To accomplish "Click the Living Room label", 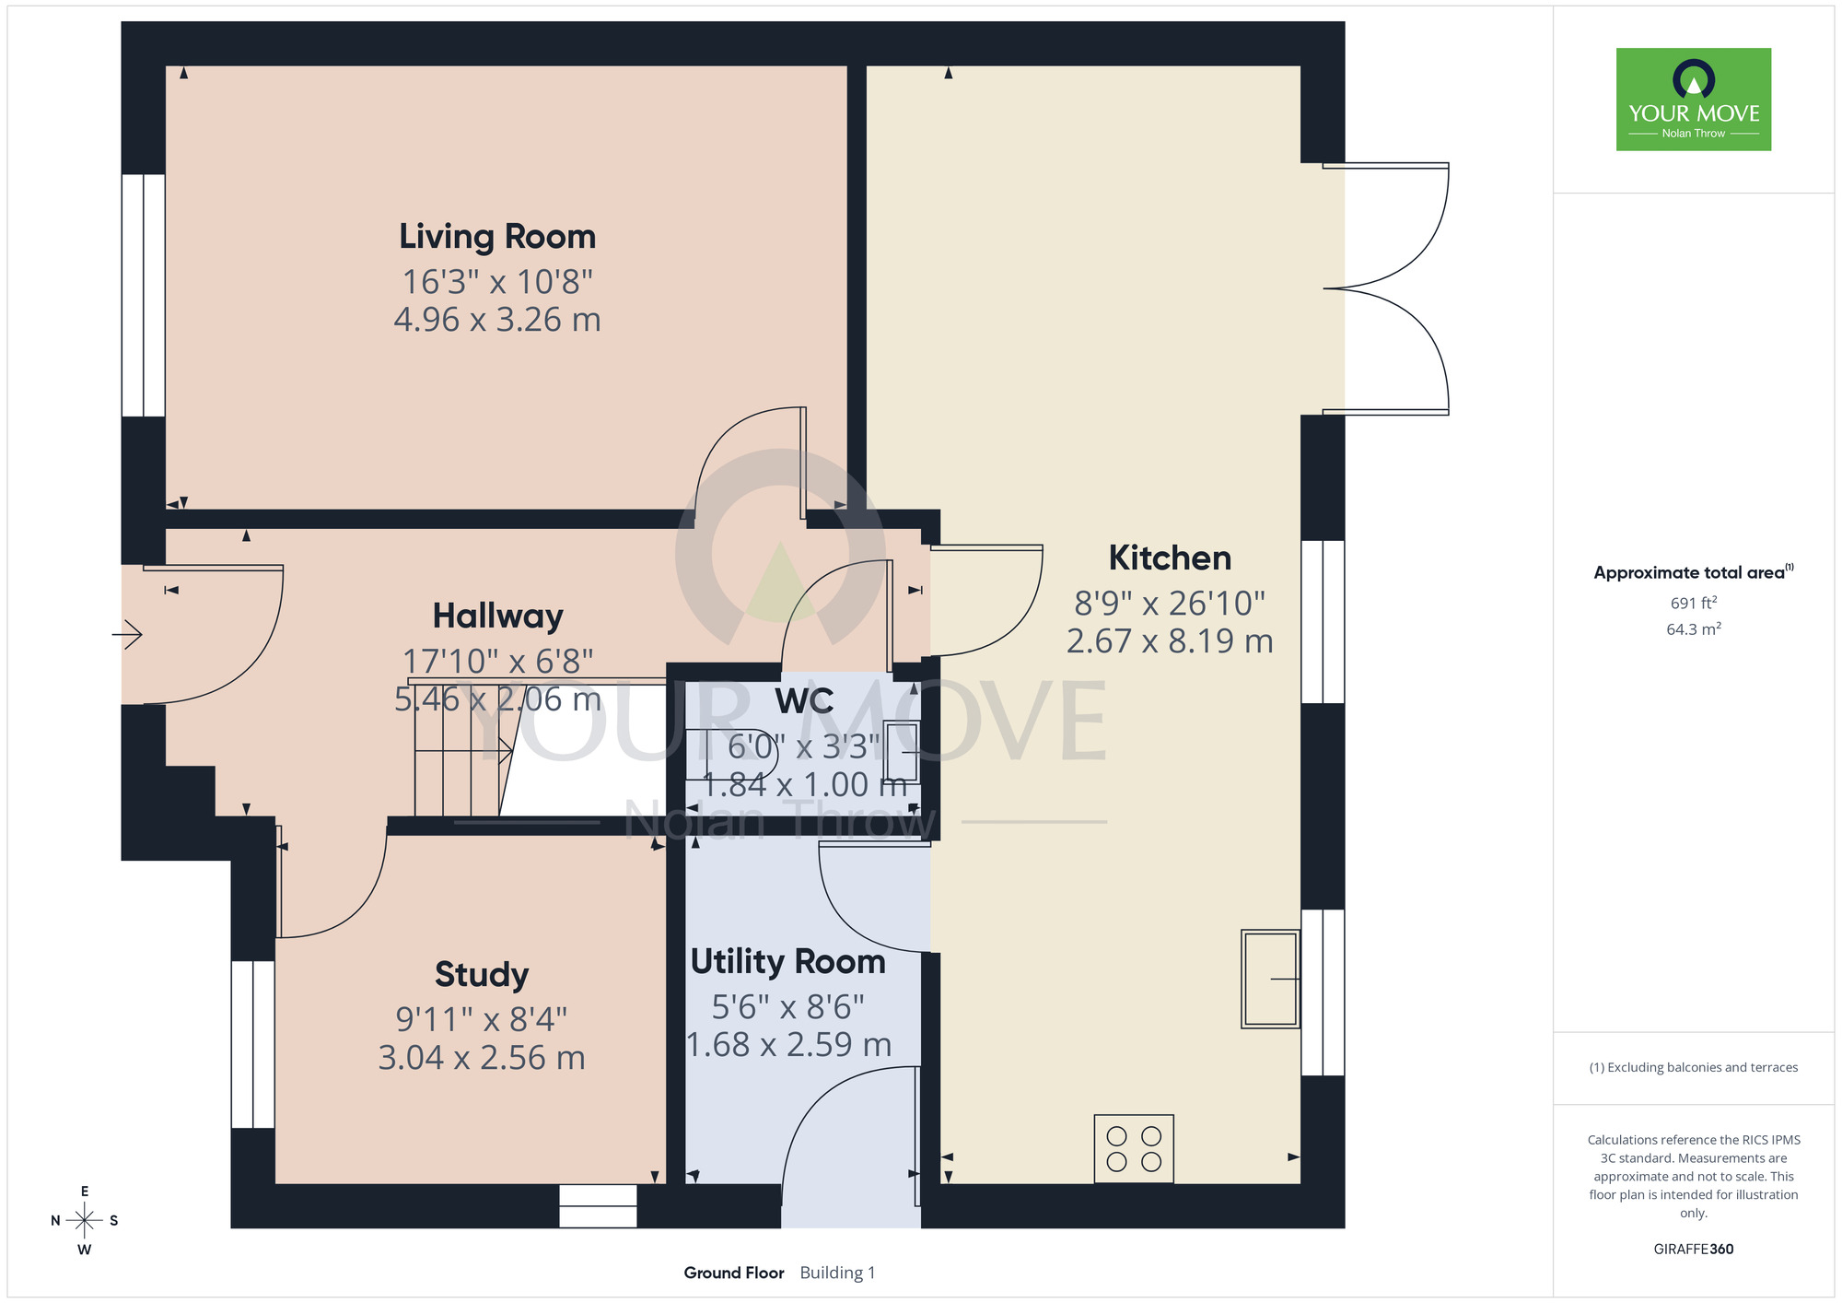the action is [497, 238].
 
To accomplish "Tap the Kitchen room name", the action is [1170, 558].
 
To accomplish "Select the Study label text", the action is [482, 975].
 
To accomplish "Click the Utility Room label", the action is [788, 962].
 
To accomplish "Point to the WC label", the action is [804, 701].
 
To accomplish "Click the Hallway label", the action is [497, 616].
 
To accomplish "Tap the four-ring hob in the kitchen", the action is [1134, 1149].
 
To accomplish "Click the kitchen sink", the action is [1270, 979].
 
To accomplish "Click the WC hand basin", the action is [902, 752].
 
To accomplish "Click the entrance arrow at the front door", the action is [127, 634].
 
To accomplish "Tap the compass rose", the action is [85, 1221].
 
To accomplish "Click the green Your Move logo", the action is [1694, 100].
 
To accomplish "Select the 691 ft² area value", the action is [1694, 603].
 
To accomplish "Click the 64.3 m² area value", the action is [1694, 629].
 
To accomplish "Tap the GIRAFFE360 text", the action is [1694, 1250].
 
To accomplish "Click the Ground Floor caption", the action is [734, 1273].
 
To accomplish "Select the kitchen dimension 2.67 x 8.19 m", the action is [1170, 641].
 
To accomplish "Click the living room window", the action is [144, 295].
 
